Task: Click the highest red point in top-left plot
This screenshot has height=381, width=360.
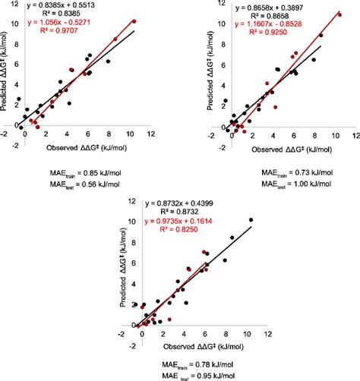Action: (x=134, y=21)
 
